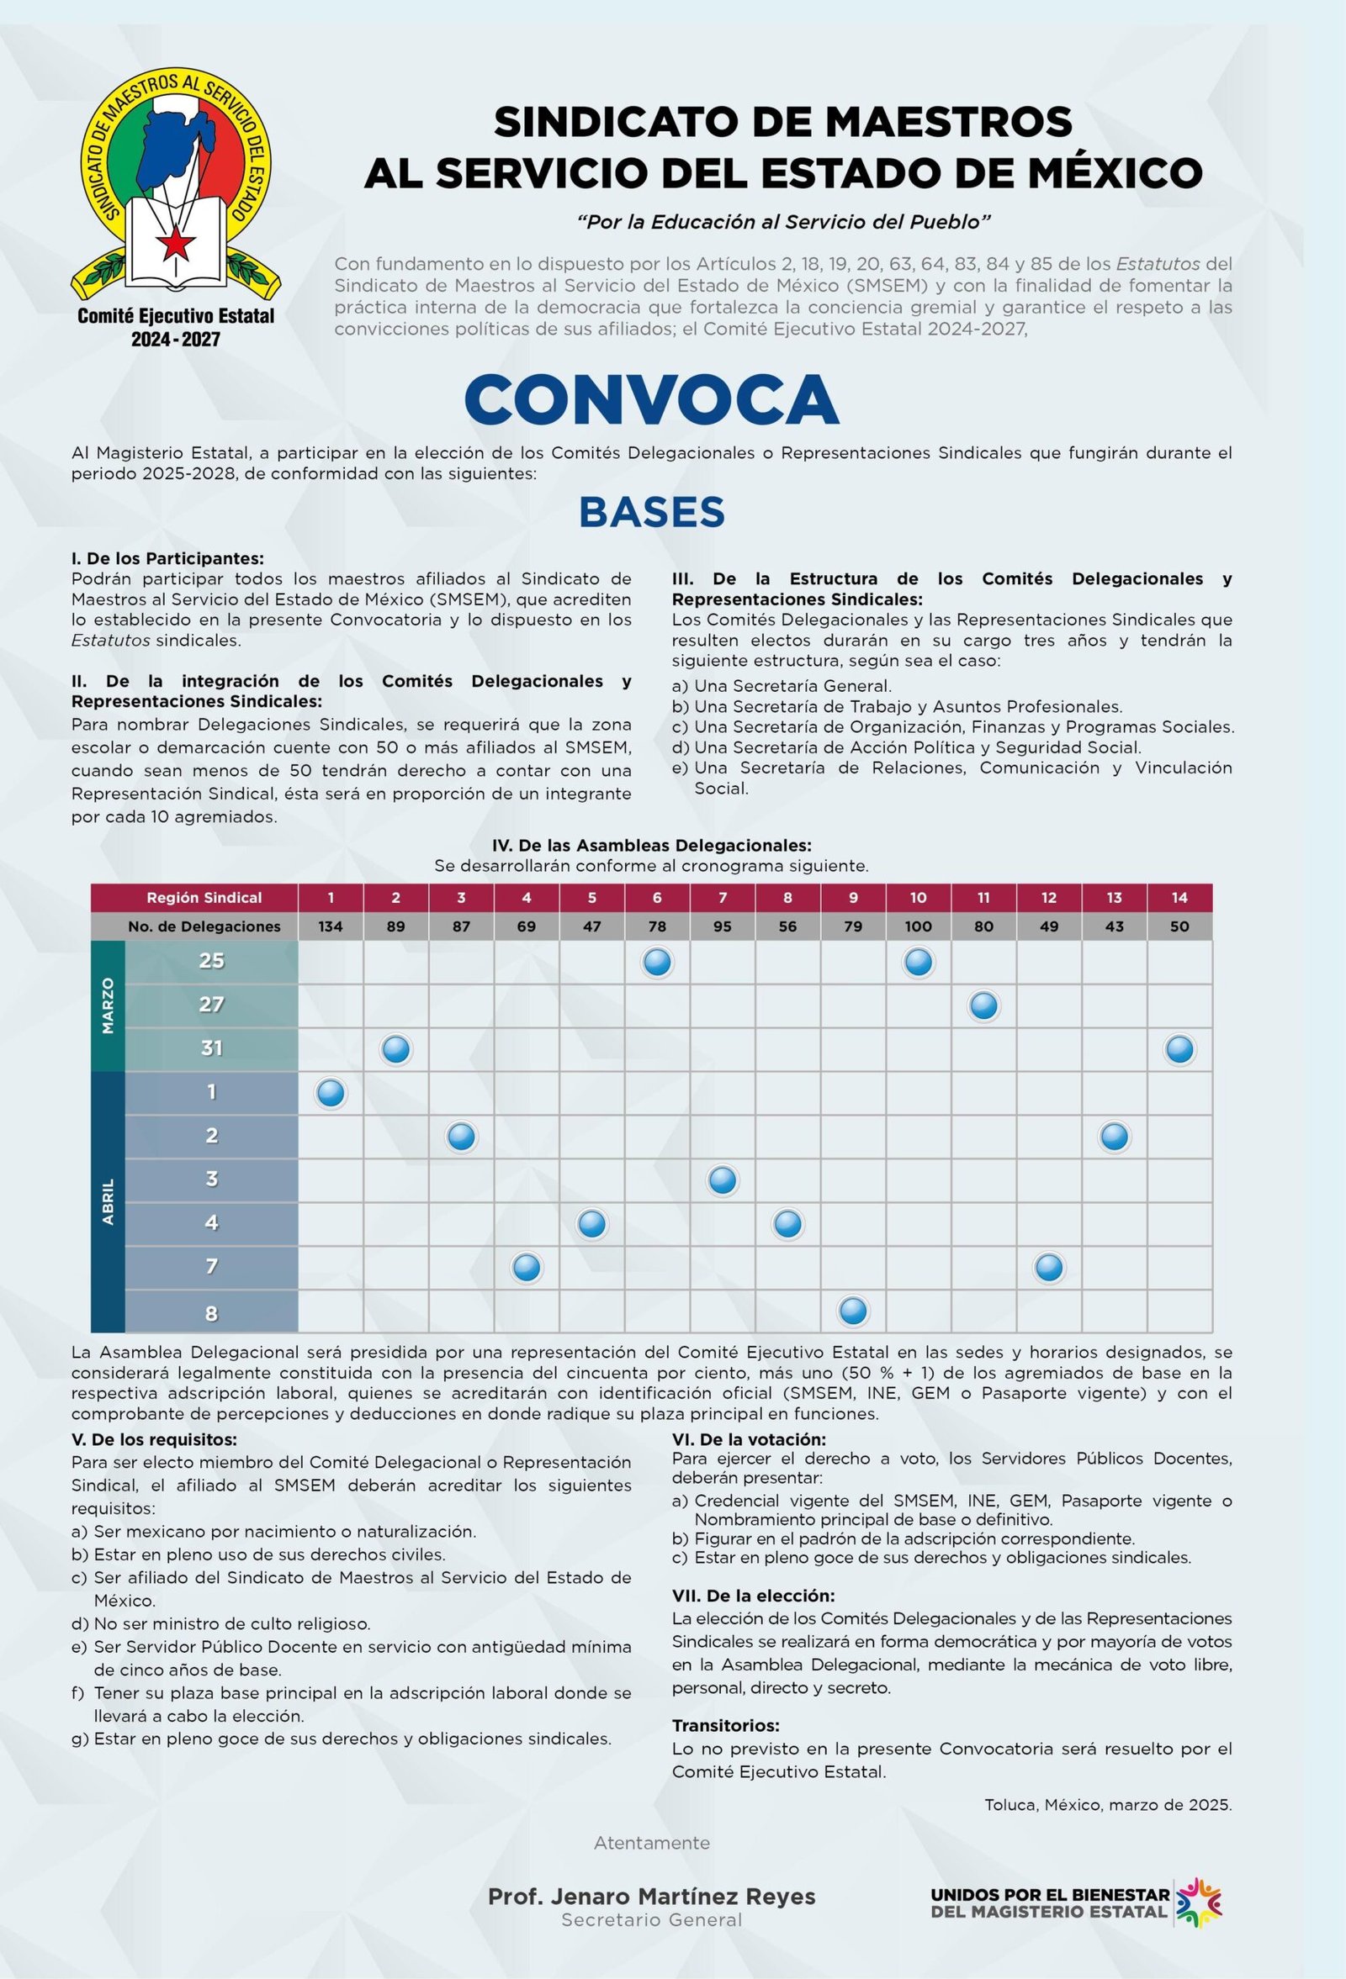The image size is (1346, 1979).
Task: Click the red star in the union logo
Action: click(x=177, y=244)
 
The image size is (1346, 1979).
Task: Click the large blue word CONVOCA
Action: click(x=652, y=398)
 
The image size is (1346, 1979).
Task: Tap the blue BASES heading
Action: click(x=652, y=512)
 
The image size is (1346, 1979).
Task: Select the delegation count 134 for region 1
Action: click(x=331, y=926)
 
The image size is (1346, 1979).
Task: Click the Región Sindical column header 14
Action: click(x=1179, y=898)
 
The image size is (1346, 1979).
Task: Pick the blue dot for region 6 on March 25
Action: click(x=658, y=963)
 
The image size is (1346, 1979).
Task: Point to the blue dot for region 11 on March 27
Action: click(x=984, y=1005)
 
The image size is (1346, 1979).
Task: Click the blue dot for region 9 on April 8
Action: click(x=854, y=1311)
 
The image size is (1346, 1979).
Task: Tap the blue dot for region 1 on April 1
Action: click(x=331, y=1094)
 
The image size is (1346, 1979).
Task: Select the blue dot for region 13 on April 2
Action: click(x=1115, y=1137)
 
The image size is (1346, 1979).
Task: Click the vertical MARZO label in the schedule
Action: click(x=109, y=1005)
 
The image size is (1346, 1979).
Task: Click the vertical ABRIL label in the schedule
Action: click(x=109, y=1201)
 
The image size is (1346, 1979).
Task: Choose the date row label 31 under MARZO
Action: click(x=211, y=1048)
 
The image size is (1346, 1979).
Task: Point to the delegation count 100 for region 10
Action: click(x=919, y=926)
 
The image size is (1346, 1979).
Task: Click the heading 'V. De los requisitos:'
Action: click(x=154, y=1440)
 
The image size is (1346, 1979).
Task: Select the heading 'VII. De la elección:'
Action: click(x=753, y=1596)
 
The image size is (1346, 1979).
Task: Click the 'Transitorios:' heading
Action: click(x=726, y=1726)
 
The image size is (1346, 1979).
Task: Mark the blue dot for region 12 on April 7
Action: click(x=1049, y=1268)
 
